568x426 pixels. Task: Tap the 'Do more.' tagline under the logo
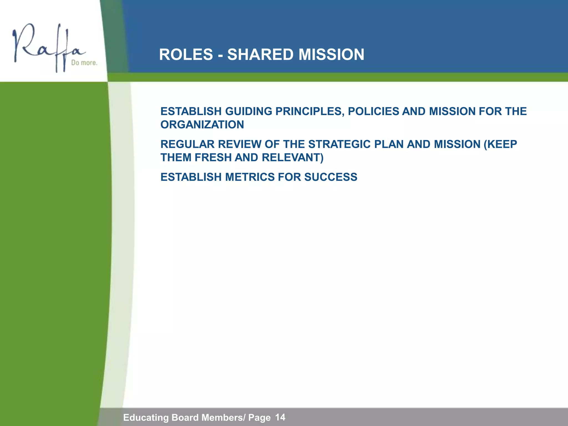pos(84,63)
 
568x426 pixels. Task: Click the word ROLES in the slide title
pos(186,54)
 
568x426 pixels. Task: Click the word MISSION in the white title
pos(331,54)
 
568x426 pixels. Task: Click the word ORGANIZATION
pos(202,125)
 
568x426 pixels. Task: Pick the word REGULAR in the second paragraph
pos(187,144)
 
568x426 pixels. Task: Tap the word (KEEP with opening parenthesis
pos(500,144)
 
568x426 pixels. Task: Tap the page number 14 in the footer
pos(280,417)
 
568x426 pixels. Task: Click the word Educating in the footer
pos(146,417)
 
